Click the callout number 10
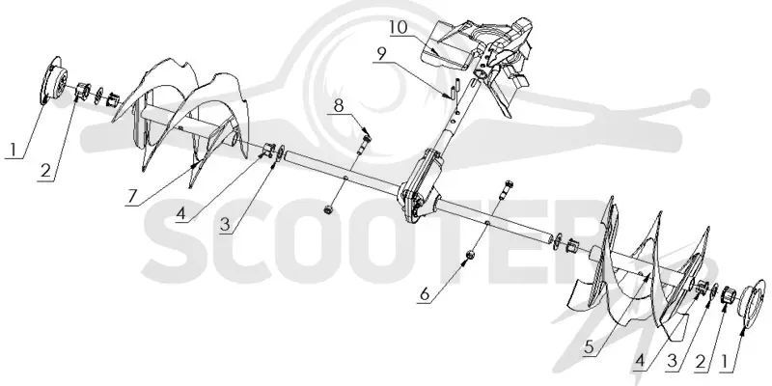pyautogui.click(x=399, y=28)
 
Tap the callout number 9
pyautogui.click(x=380, y=54)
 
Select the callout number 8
pyautogui.click(x=339, y=106)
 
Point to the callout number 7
pyautogui.click(x=131, y=196)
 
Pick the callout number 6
pyautogui.click(x=425, y=294)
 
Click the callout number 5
pyautogui.click(x=590, y=347)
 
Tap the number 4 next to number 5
pyautogui.click(x=640, y=361)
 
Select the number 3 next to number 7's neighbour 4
pyautogui.click(x=225, y=225)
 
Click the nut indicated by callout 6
pyautogui.click(x=470, y=255)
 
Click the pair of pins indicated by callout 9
pyautogui.click(x=453, y=90)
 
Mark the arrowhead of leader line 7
pyautogui.click(x=198, y=162)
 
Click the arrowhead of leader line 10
pyautogui.click(x=433, y=50)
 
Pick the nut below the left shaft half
pyautogui.click(x=326, y=210)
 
